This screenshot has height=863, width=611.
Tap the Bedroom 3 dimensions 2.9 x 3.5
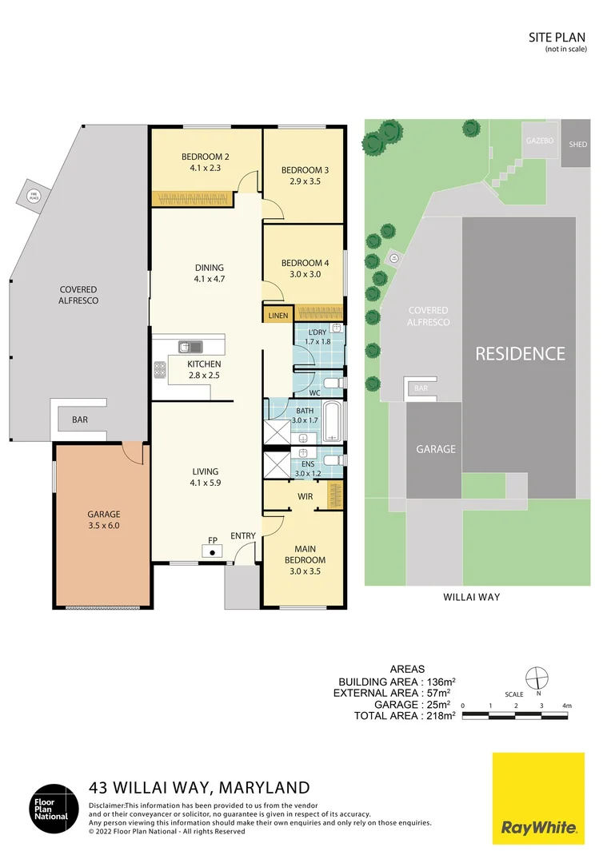pyautogui.click(x=305, y=182)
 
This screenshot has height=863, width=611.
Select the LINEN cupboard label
pyautogui.click(x=278, y=316)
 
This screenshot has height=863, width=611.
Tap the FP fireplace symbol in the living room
pyautogui.click(x=212, y=551)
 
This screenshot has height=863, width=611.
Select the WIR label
pyautogui.click(x=305, y=496)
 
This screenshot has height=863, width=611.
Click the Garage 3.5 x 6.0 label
pyautogui.click(x=103, y=520)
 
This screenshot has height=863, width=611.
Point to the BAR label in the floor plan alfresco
pyautogui.click(x=80, y=420)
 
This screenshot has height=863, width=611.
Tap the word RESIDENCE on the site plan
pyautogui.click(x=520, y=354)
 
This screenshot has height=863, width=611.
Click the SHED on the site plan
pyautogui.click(x=577, y=144)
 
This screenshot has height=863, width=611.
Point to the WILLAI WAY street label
pyautogui.click(x=471, y=597)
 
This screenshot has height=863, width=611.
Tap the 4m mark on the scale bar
pyautogui.click(x=566, y=706)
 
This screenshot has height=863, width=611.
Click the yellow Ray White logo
pyautogui.click(x=537, y=797)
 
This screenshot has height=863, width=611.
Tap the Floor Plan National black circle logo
pyautogui.click(x=55, y=808)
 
